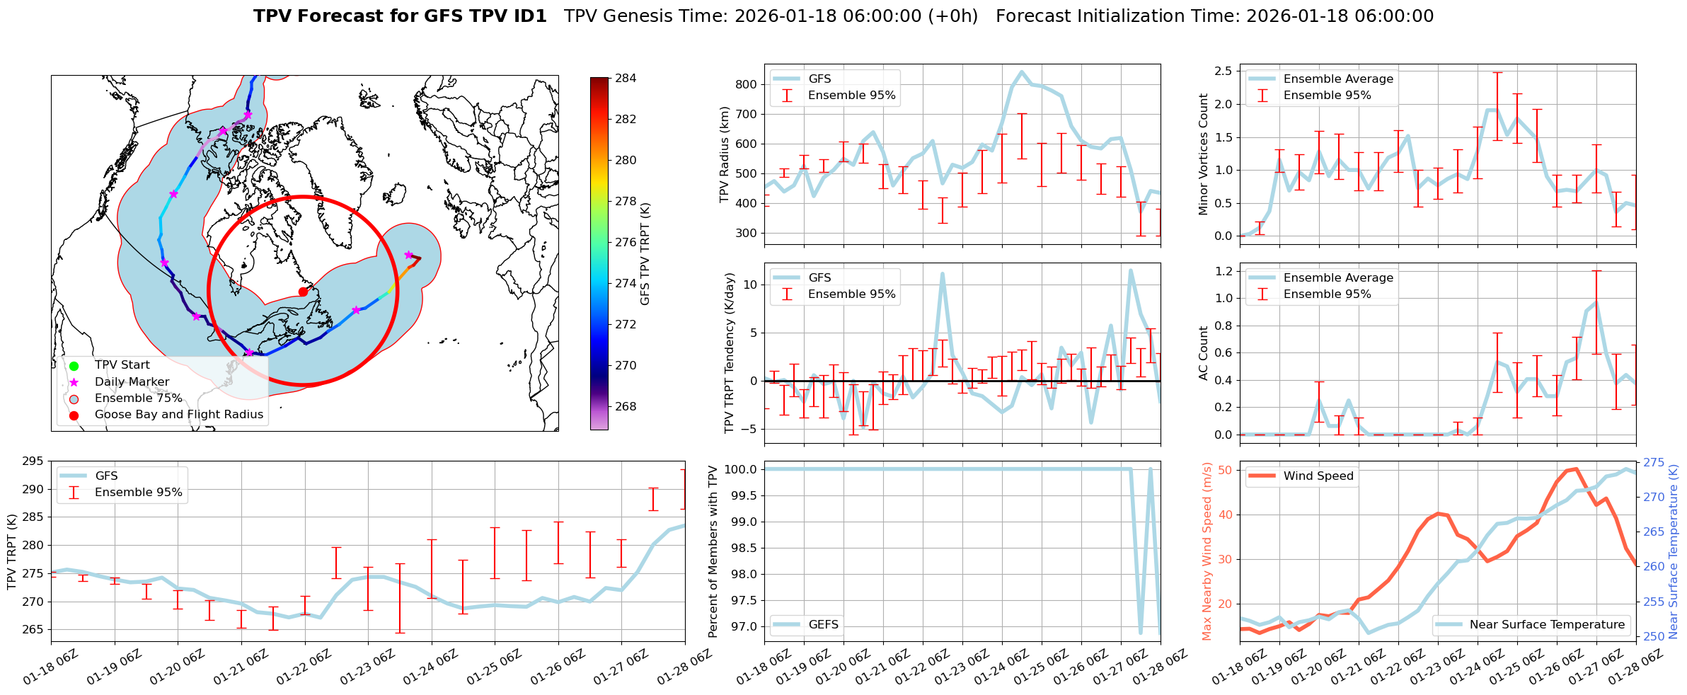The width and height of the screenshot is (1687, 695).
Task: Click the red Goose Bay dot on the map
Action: (303, 292)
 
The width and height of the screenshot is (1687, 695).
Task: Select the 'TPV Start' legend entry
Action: (122, 365)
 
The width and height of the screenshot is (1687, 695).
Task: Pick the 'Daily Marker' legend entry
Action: (132, 382)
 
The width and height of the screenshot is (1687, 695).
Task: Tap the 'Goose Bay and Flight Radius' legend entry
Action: (178, 415)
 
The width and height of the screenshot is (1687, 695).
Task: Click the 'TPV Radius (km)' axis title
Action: (724, 155)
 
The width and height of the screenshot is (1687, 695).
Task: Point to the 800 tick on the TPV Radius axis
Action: (747, 84)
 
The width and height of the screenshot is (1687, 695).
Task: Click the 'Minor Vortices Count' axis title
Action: (1203, 154)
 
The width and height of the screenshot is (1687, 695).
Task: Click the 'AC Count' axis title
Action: (1203, 353)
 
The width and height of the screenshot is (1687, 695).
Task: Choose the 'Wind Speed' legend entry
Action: (1318, 476)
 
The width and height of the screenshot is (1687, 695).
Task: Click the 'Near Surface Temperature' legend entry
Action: (1547, 625)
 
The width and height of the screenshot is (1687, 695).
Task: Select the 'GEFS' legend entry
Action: (823, 625)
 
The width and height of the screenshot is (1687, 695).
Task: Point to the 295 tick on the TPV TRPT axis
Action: (33, 461)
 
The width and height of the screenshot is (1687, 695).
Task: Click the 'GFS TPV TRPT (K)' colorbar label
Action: (645, 254)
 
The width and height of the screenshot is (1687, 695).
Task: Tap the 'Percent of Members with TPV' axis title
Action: (713, 551)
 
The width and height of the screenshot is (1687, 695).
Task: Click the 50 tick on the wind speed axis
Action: (1224, 470)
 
